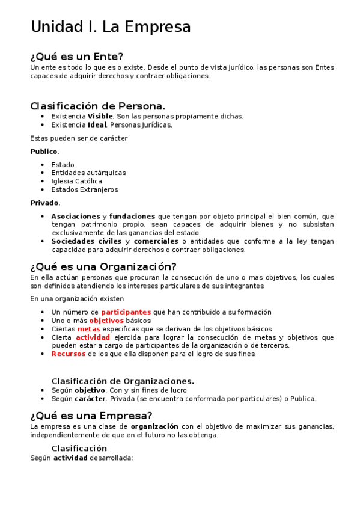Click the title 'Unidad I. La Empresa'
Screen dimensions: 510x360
[111, 27]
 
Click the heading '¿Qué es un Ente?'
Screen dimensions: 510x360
[77, 57]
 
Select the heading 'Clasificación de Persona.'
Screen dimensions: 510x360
[98, 106]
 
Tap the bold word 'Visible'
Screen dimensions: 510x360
[100, 117]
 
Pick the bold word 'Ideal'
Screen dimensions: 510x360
[97, 125]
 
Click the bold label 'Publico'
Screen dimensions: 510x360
[44, 152]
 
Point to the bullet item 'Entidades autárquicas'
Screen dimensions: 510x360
[88, 173]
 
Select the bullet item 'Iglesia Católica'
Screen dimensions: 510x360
[76, 181]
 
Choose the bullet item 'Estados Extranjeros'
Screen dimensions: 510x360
[85, 189]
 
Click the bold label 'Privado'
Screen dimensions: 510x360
[44, 203]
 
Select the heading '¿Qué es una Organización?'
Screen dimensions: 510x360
[103, 266]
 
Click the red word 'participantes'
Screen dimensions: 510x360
[126, 312]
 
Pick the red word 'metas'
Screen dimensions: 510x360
[88, 329]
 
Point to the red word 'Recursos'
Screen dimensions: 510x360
[69, 354]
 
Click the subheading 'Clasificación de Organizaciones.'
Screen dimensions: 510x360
[123, 381]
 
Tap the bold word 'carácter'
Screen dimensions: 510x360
[91, 398]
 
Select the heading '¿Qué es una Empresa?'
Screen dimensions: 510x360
[91, 416]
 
